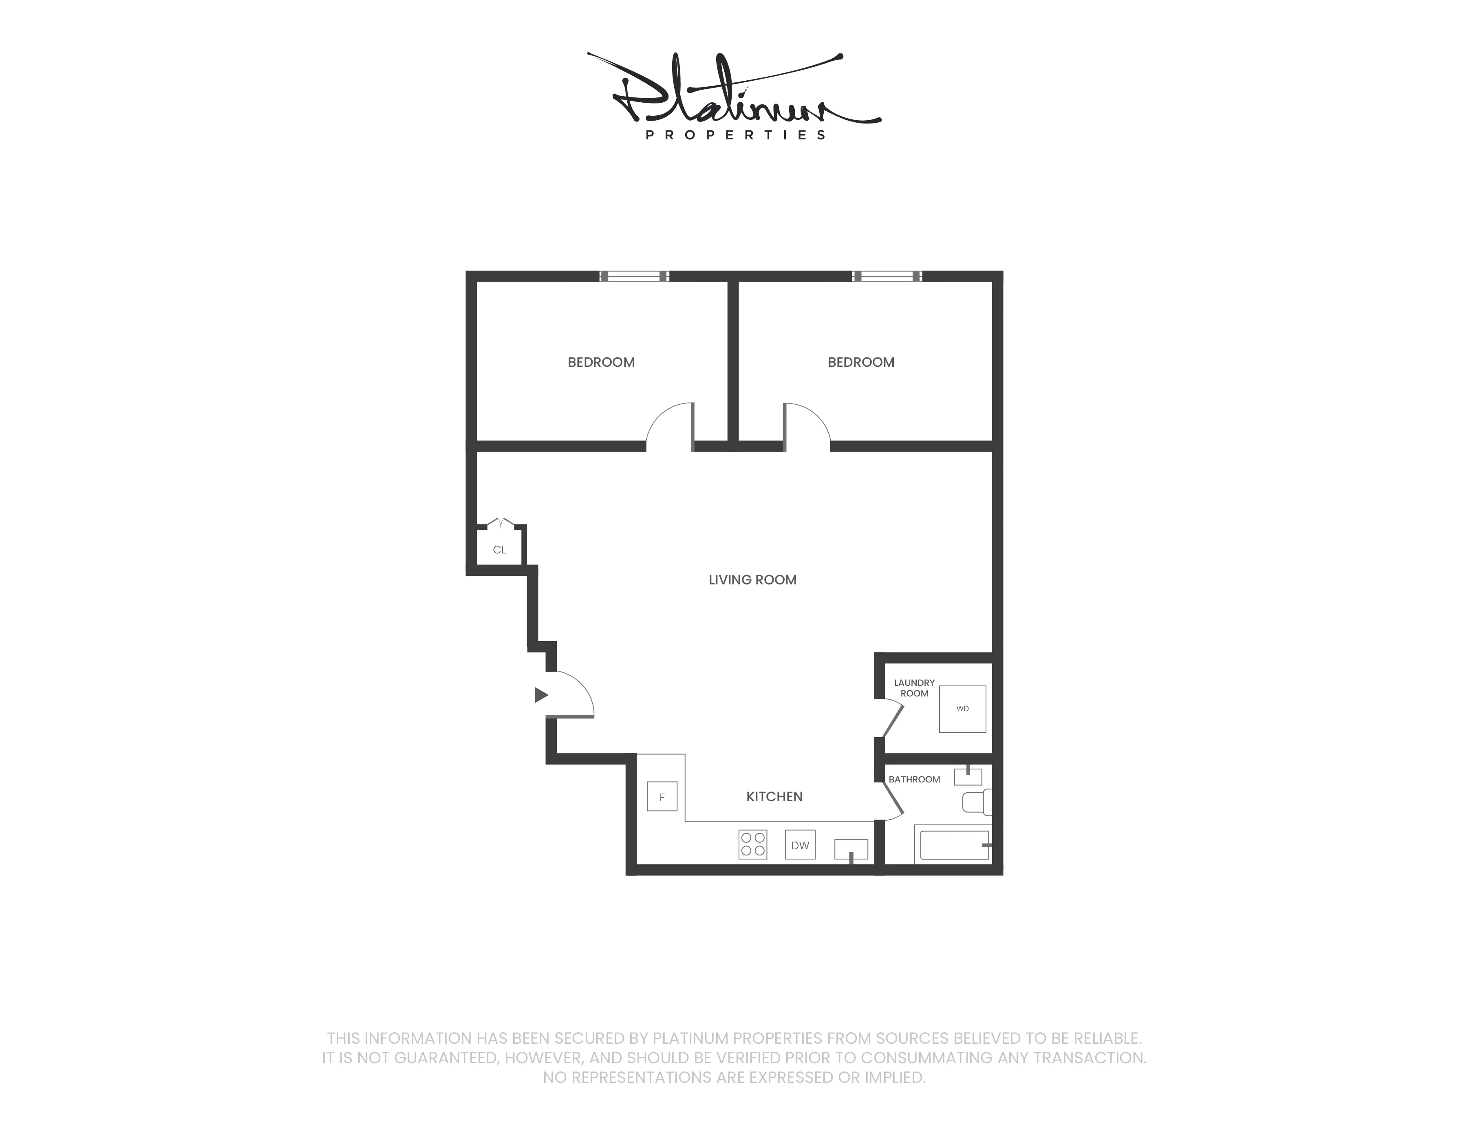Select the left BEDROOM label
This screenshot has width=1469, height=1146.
pyautogui.click(x=601, y=362)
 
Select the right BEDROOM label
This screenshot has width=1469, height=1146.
pyautogui.click(x=860, y=362)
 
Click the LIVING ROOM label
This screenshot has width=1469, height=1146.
pyautogui.click(x=752, y=580)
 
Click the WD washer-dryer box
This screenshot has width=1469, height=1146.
pyautogui.click(x=962, y=709)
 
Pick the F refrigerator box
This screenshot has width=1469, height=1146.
pyautogui.click(x=662, y=797)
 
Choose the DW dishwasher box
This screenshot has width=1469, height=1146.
pyautogui.click(x=800, y=845)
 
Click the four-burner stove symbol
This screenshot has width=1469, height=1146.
pyautogui.click(x=752, y=845)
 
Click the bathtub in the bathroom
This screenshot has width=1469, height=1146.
pyautogui.click(x=954, y=845)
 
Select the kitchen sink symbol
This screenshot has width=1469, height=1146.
pyautogui.click(x=851, y=849)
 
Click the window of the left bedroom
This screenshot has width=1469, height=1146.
pyautogui.click(x=634, y=276)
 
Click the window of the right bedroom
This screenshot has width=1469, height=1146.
pyautogui.click(x=887, y=276)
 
